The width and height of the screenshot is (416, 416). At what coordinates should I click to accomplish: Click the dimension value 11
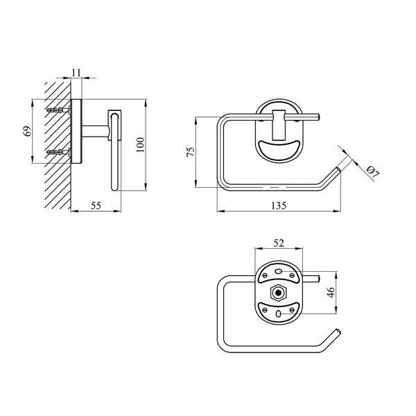pyautogui.click(x=76, y=72)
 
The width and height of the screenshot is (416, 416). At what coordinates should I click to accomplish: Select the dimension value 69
pyautogui.click(x=28, y=131)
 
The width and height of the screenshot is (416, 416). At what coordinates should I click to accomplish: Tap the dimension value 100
pyautogui.click(x=140, y=145)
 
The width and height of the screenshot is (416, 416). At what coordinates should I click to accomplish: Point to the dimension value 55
pyautogui.click(x=96, y=205)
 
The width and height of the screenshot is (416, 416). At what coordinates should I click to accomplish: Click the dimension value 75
pyautogui.click(x=191, y=152)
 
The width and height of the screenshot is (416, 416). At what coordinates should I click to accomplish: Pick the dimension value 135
pyautogui.click(x=279, y=205)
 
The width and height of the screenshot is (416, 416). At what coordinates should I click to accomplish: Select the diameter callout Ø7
pyautogui.click(x=373, y=172)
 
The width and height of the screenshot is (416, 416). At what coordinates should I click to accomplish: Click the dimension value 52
pyautogui.click(x=279, y=243)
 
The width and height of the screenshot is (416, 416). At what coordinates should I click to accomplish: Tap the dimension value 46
pyautogui.click(x=331, y=293)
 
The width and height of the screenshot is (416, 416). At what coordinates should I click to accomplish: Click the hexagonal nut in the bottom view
pyautogui.click(x=278, y=293)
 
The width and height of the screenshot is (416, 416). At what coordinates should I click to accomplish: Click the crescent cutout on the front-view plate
pyautogui.click(x=279, y=150)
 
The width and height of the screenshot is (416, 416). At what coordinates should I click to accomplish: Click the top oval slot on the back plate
pyautogui.click(x=279, y=271)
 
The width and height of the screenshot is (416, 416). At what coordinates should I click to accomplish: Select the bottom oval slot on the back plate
pyautogui.click(x=278, y=314)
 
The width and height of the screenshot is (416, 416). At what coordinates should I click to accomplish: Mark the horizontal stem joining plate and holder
pyautogui.click(x=95, y=132)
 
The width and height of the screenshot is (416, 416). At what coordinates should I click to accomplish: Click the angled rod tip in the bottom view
pyautogui.click(x=338, y=332)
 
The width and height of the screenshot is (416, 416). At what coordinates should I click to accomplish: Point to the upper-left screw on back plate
pyautogui.click(x=265, y=275)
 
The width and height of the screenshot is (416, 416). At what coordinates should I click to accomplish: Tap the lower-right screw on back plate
pyautogui.click(x=292, y=310)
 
